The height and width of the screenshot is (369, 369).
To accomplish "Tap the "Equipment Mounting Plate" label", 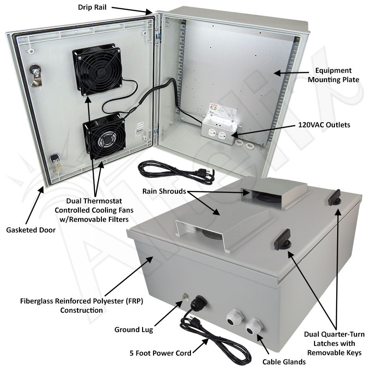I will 333,75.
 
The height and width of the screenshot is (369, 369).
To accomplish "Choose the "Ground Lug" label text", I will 134,329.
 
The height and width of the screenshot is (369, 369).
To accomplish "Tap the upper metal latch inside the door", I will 35,74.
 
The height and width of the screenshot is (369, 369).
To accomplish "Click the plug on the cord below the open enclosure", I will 203,172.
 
